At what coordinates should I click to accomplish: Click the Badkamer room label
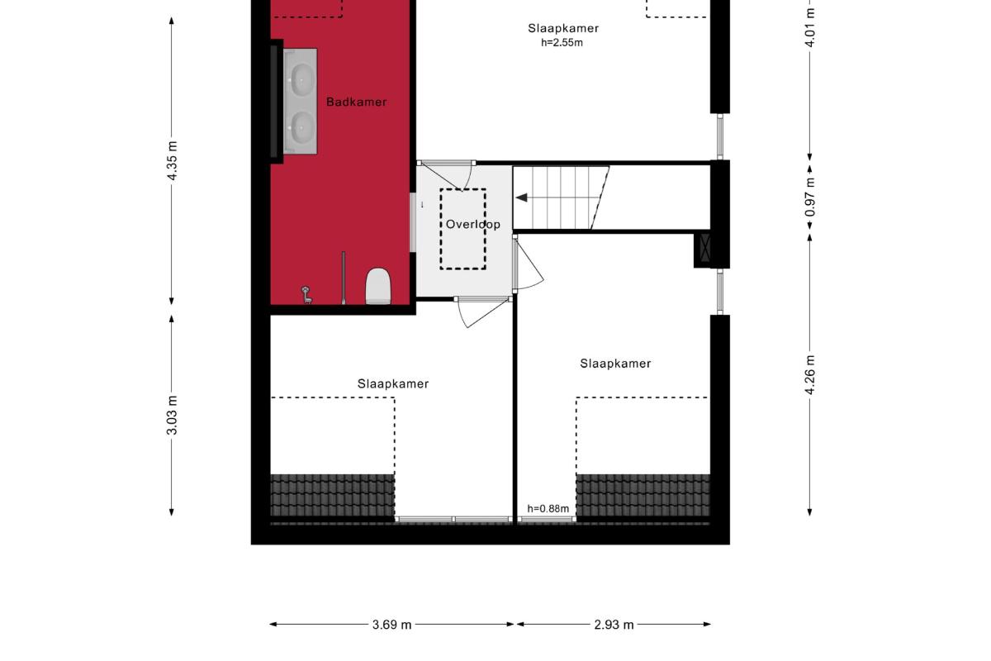(356, 102)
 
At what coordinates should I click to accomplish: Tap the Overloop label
(473, 225)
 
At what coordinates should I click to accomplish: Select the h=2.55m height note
(562, 43)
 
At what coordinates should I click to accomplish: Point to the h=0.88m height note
(548, 509)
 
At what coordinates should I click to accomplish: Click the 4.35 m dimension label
(173, 161)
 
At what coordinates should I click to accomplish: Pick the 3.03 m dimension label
(173, 416)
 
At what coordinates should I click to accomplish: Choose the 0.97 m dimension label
(810, 197)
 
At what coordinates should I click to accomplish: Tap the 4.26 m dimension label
(810, 374)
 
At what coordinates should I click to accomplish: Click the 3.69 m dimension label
(391, 625)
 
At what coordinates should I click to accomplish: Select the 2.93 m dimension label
(614, 625)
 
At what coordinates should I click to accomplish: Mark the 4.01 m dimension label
(810, 27)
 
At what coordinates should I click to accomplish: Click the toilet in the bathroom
(378, 287)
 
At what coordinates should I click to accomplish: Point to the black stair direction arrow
(522, 197)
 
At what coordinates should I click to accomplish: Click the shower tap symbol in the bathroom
(306, 295)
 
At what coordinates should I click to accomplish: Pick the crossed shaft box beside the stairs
(704, 248)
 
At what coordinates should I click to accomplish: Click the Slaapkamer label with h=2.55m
(563, 28)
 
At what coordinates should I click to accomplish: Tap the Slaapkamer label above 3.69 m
(393, 384)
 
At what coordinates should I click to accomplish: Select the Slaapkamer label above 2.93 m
(615, 364)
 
